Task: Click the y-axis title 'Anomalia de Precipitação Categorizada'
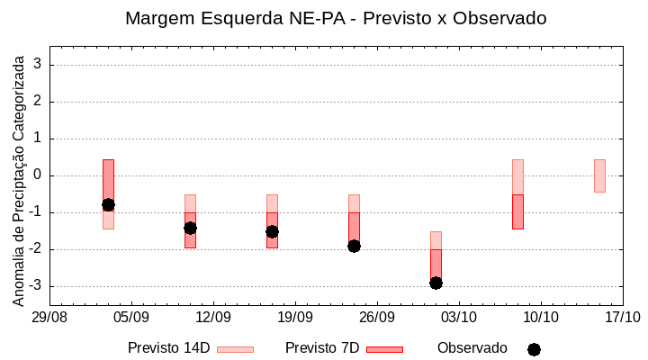[19, 180]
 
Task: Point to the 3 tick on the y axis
[39, 65]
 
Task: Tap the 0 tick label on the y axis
[39, 175]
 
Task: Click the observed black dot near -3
[436, 283]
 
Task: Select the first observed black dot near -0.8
[108, 204]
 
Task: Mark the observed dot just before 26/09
[354, 246]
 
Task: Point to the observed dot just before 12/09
[190, 228]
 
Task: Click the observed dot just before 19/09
[272, 231]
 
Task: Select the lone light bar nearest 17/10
[599, 175]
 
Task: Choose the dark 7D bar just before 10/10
[517, 211]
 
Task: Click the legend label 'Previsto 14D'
[168, 348]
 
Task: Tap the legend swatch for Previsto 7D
[384, 349]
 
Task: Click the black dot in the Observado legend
[534, 349]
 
